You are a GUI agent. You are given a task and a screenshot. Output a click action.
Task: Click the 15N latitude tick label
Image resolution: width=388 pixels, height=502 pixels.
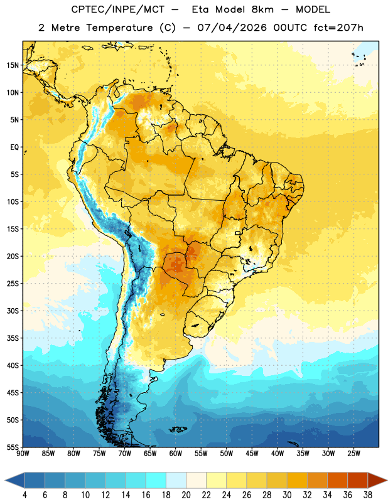[x=13, y=65]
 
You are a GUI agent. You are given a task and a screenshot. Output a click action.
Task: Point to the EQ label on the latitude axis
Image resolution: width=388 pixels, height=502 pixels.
[x=14, y=147]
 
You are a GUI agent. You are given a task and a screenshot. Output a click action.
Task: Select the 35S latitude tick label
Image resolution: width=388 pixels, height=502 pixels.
[x=13, y=338]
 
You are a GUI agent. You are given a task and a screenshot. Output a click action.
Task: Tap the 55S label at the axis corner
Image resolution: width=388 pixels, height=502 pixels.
[x=13, y=447]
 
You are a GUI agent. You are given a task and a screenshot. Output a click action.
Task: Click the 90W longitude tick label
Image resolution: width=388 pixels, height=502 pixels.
[x=23, y=454]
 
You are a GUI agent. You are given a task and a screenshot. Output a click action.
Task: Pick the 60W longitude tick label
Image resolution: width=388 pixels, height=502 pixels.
[x=176, y=454]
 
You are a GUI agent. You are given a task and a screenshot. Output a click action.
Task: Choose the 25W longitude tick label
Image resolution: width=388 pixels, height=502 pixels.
[x=353, y=454]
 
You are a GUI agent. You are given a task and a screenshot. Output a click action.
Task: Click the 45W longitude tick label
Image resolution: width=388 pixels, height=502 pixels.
[x=252, y=454]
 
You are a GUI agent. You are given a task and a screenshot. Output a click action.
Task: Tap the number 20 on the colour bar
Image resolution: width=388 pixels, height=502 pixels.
[x=186, y=495]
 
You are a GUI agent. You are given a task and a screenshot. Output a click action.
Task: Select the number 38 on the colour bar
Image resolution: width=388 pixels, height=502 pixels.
[x=368, y=495]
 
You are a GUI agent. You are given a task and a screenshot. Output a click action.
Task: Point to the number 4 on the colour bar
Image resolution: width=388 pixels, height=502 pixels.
[x=24, y=495]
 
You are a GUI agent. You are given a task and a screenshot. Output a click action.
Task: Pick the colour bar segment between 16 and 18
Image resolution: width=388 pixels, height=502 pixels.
[x=156, y=480]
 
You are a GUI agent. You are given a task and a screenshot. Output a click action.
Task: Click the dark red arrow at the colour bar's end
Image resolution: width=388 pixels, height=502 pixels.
[x=377, y=480]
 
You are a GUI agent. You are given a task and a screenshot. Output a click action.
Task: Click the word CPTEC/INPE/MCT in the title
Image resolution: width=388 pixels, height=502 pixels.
[x=118, y=9]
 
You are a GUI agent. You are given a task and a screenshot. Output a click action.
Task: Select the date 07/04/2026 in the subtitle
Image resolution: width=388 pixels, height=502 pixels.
[x=232, y=28]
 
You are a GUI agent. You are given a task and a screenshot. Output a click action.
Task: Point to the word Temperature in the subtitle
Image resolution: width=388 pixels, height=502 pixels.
[x=119, y=28]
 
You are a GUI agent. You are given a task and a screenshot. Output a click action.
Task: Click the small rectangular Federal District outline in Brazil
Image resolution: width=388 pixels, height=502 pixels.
[x=237, y=233]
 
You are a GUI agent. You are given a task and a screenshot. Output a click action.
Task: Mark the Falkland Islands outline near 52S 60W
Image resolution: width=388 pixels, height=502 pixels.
[x=178, y=429]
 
